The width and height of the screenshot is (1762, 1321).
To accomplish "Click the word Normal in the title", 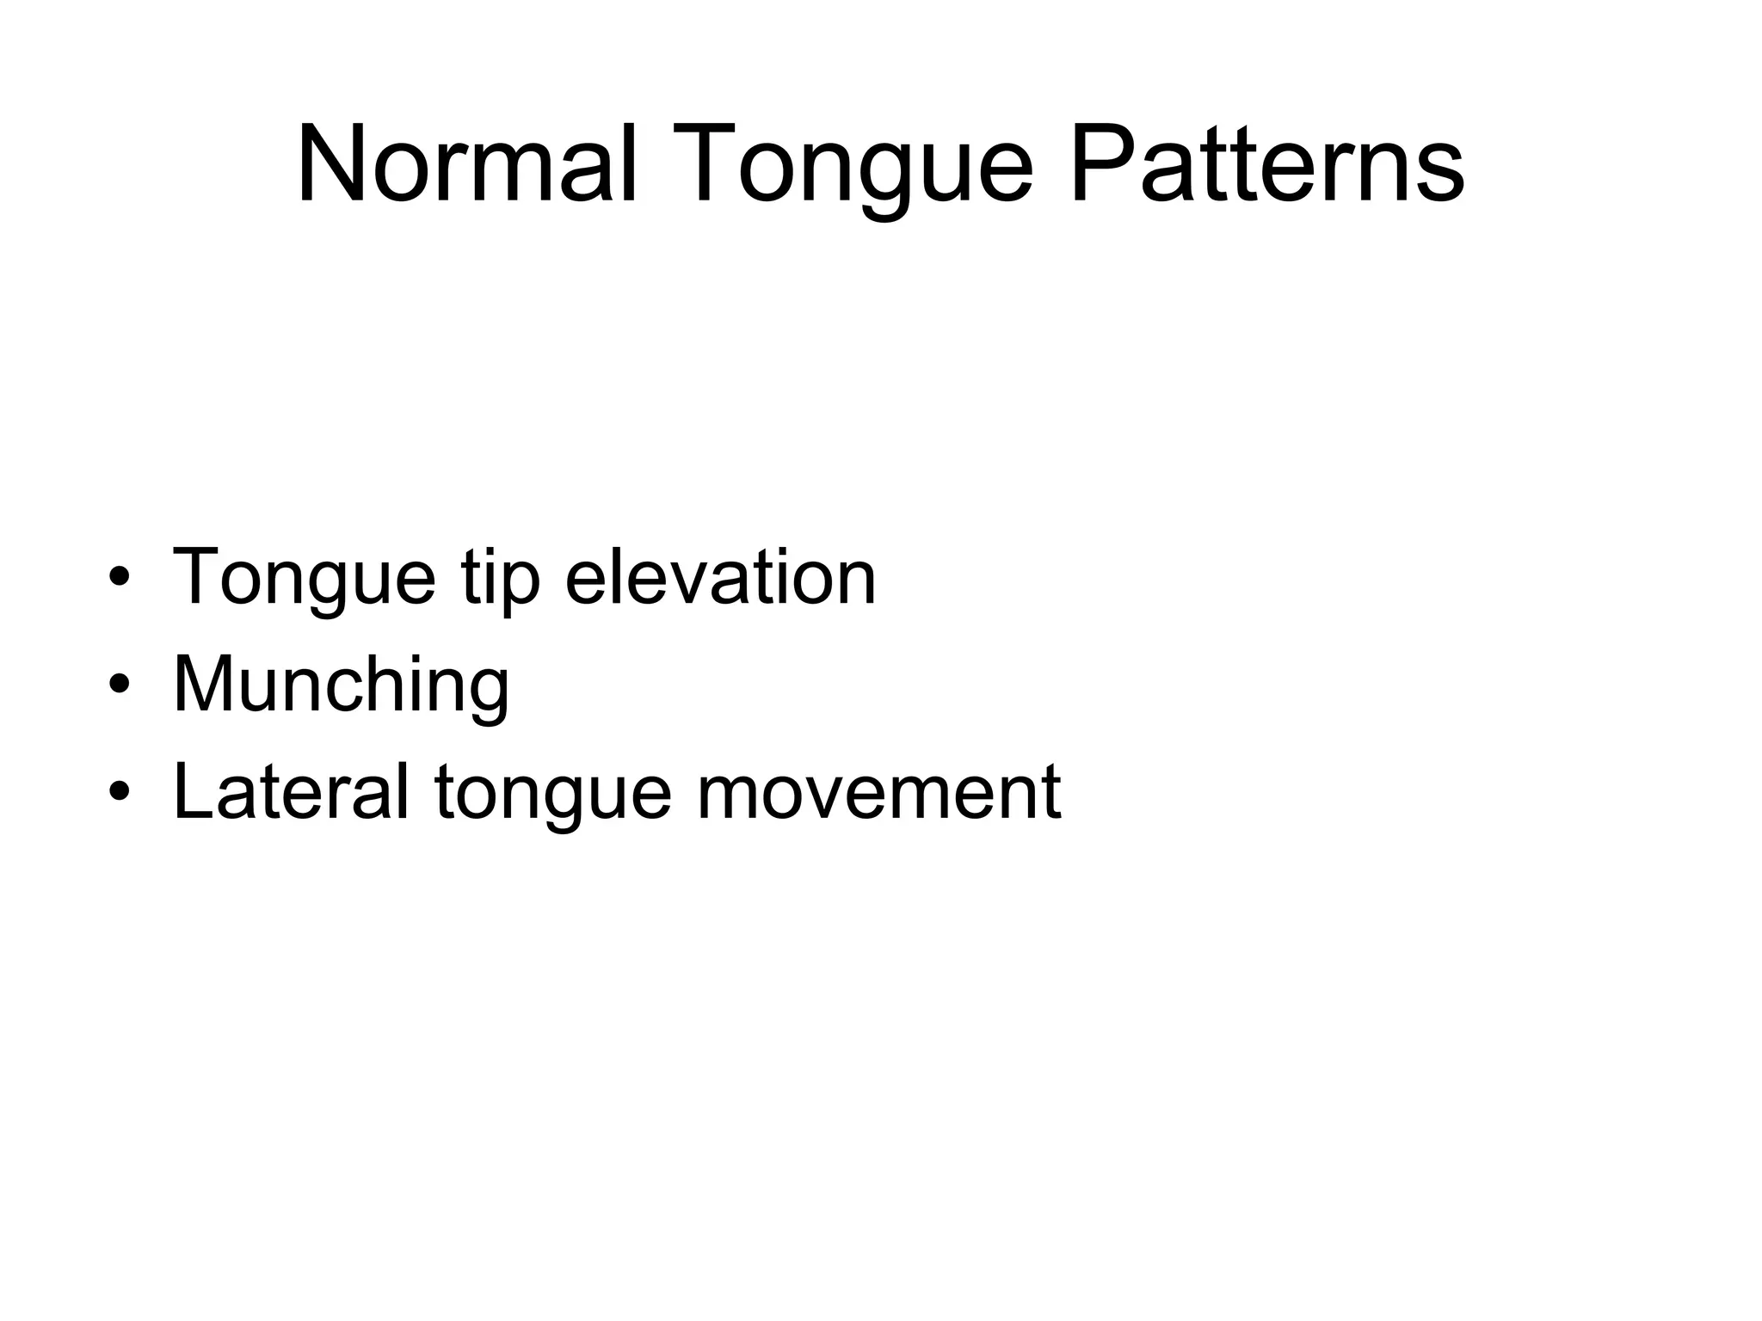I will click(x=466, y=163).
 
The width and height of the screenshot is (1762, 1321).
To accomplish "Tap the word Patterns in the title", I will click(x=1266, y=163).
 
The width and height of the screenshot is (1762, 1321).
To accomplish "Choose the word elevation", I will click(x=720, y=576).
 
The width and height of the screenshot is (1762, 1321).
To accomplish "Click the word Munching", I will click(x=342, y=686).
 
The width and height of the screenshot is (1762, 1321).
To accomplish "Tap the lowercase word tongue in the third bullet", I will click(x=552, y=796).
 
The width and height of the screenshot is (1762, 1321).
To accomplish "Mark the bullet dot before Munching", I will click(x=120, y=685).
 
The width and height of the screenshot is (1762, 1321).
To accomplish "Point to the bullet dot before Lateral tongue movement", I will click(x=120, y=792).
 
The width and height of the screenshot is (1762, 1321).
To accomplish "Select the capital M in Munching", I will click(x=203, y=684).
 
